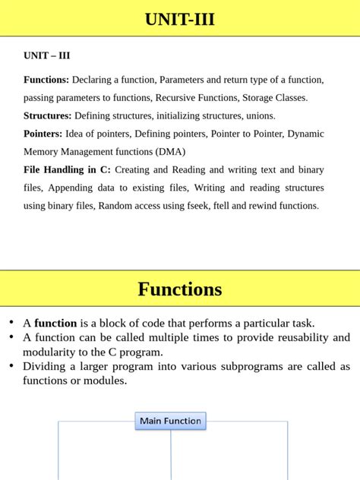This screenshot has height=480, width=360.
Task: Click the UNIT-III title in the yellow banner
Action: click(180, 20)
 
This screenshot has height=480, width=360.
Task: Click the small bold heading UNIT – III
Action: click(47, 55)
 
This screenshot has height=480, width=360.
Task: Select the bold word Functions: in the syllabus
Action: click(46, 80)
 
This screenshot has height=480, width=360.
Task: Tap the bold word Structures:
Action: click(48, 116)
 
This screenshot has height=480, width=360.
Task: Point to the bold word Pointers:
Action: click(43, 134)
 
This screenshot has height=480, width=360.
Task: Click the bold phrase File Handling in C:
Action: click(67, 169)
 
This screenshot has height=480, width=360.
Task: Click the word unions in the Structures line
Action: click(259, 116)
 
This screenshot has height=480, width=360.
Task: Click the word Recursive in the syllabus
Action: click(199, 98)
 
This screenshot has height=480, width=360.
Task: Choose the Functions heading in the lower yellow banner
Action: click(180, 289)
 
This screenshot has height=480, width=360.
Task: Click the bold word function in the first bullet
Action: click(55, 323)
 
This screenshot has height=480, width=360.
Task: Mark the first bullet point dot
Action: click(11, 322)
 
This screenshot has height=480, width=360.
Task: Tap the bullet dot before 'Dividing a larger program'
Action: click(11, 365)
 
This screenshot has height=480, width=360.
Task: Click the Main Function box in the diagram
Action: click(170, 421)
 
